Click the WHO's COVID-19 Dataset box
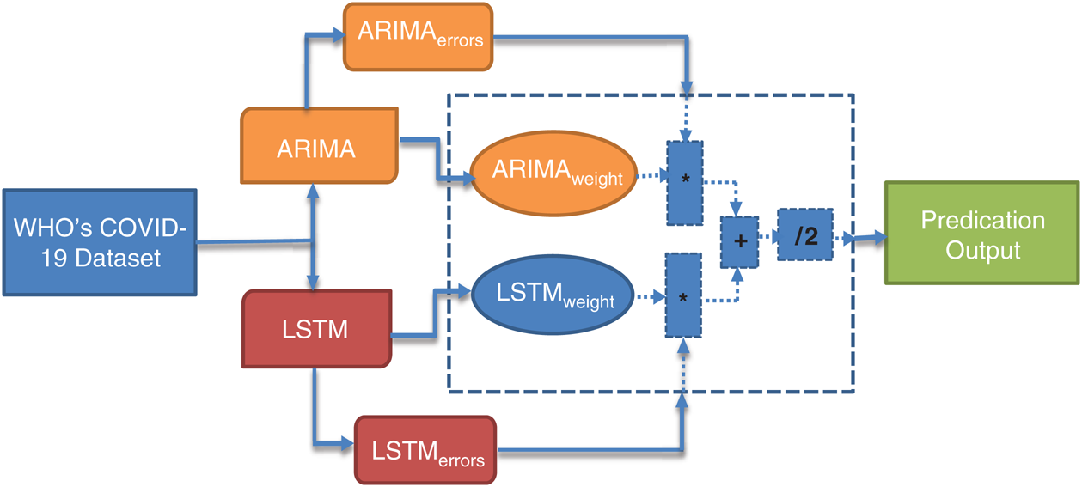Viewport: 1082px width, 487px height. pos(100,243)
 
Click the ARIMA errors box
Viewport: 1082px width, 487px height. pos(419,36)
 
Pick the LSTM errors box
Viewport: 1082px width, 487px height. pos(425,450)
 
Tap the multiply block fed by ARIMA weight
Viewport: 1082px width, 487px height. pos(684,183)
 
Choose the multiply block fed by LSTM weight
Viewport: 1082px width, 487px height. pos(683,295)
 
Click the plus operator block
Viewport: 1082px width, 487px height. pos(740,242)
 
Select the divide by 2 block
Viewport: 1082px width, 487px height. pos(805,234)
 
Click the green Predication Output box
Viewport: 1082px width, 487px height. pos(982,234)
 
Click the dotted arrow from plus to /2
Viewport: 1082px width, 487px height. pos(767,237)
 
